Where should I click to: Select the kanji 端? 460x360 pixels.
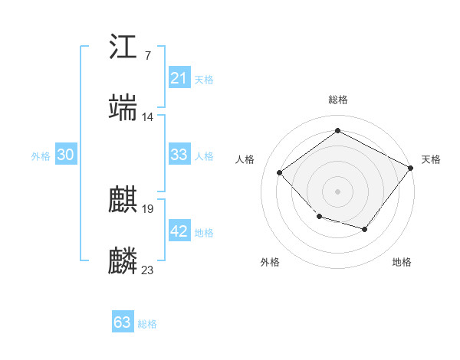(x=123, y=108)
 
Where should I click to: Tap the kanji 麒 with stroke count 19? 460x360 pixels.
(x=123, y=200)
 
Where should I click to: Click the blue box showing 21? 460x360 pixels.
(x=179, y=78)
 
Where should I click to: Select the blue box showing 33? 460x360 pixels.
(x=179, y=155)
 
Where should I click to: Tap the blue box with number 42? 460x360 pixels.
(x=179, y=231)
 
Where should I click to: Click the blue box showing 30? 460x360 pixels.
(x=66, y=155)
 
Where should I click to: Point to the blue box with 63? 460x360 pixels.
(x=123, y=322)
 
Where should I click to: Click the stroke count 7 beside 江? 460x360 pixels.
(x=147, y=55)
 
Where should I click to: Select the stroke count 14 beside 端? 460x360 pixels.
(x=148, y=116)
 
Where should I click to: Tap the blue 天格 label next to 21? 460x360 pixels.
(x=204, y=79)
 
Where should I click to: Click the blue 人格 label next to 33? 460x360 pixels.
(x=204, y=155)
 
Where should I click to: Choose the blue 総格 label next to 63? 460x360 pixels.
(x=147, y=324)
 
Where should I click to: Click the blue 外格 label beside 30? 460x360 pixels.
(x=41, y=155)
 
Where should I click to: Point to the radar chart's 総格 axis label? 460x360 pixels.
(x=337, y=100)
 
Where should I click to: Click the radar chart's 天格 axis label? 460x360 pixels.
(x=431, y=159)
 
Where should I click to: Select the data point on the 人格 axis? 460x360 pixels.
(x=280, y=172)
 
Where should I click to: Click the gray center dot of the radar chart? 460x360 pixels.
(x=337, y=191)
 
